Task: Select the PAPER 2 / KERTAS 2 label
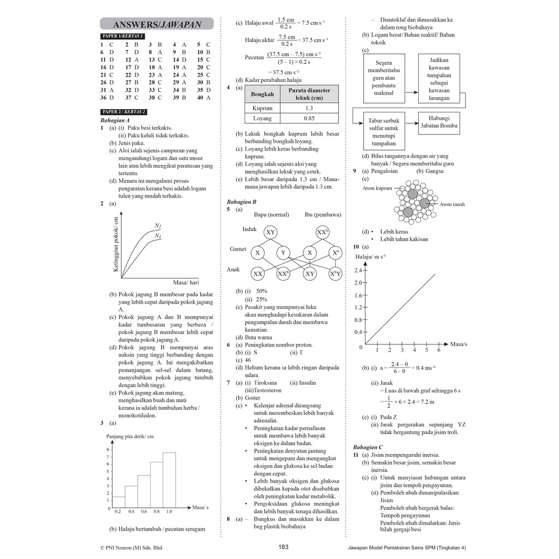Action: (x=124, y=111)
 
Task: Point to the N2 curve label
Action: (x=158, y=225)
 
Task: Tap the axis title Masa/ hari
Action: (x=186, y=283)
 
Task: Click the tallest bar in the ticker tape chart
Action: (x=169, y=479)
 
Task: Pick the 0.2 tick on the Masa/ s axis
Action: (x=118, y=512)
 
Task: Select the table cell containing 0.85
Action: (x=309, y=118)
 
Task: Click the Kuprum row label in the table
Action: (x=262, y=108)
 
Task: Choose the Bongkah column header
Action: (x=262, y=94)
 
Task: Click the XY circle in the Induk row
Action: (x=270, y=233)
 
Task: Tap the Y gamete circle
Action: (x=283, y=253)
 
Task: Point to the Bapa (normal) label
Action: (x=271, y=215)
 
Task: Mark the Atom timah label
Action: (x=452, y=205)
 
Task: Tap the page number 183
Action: (x=283, y=548)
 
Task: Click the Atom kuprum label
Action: (x=377, y=188)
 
